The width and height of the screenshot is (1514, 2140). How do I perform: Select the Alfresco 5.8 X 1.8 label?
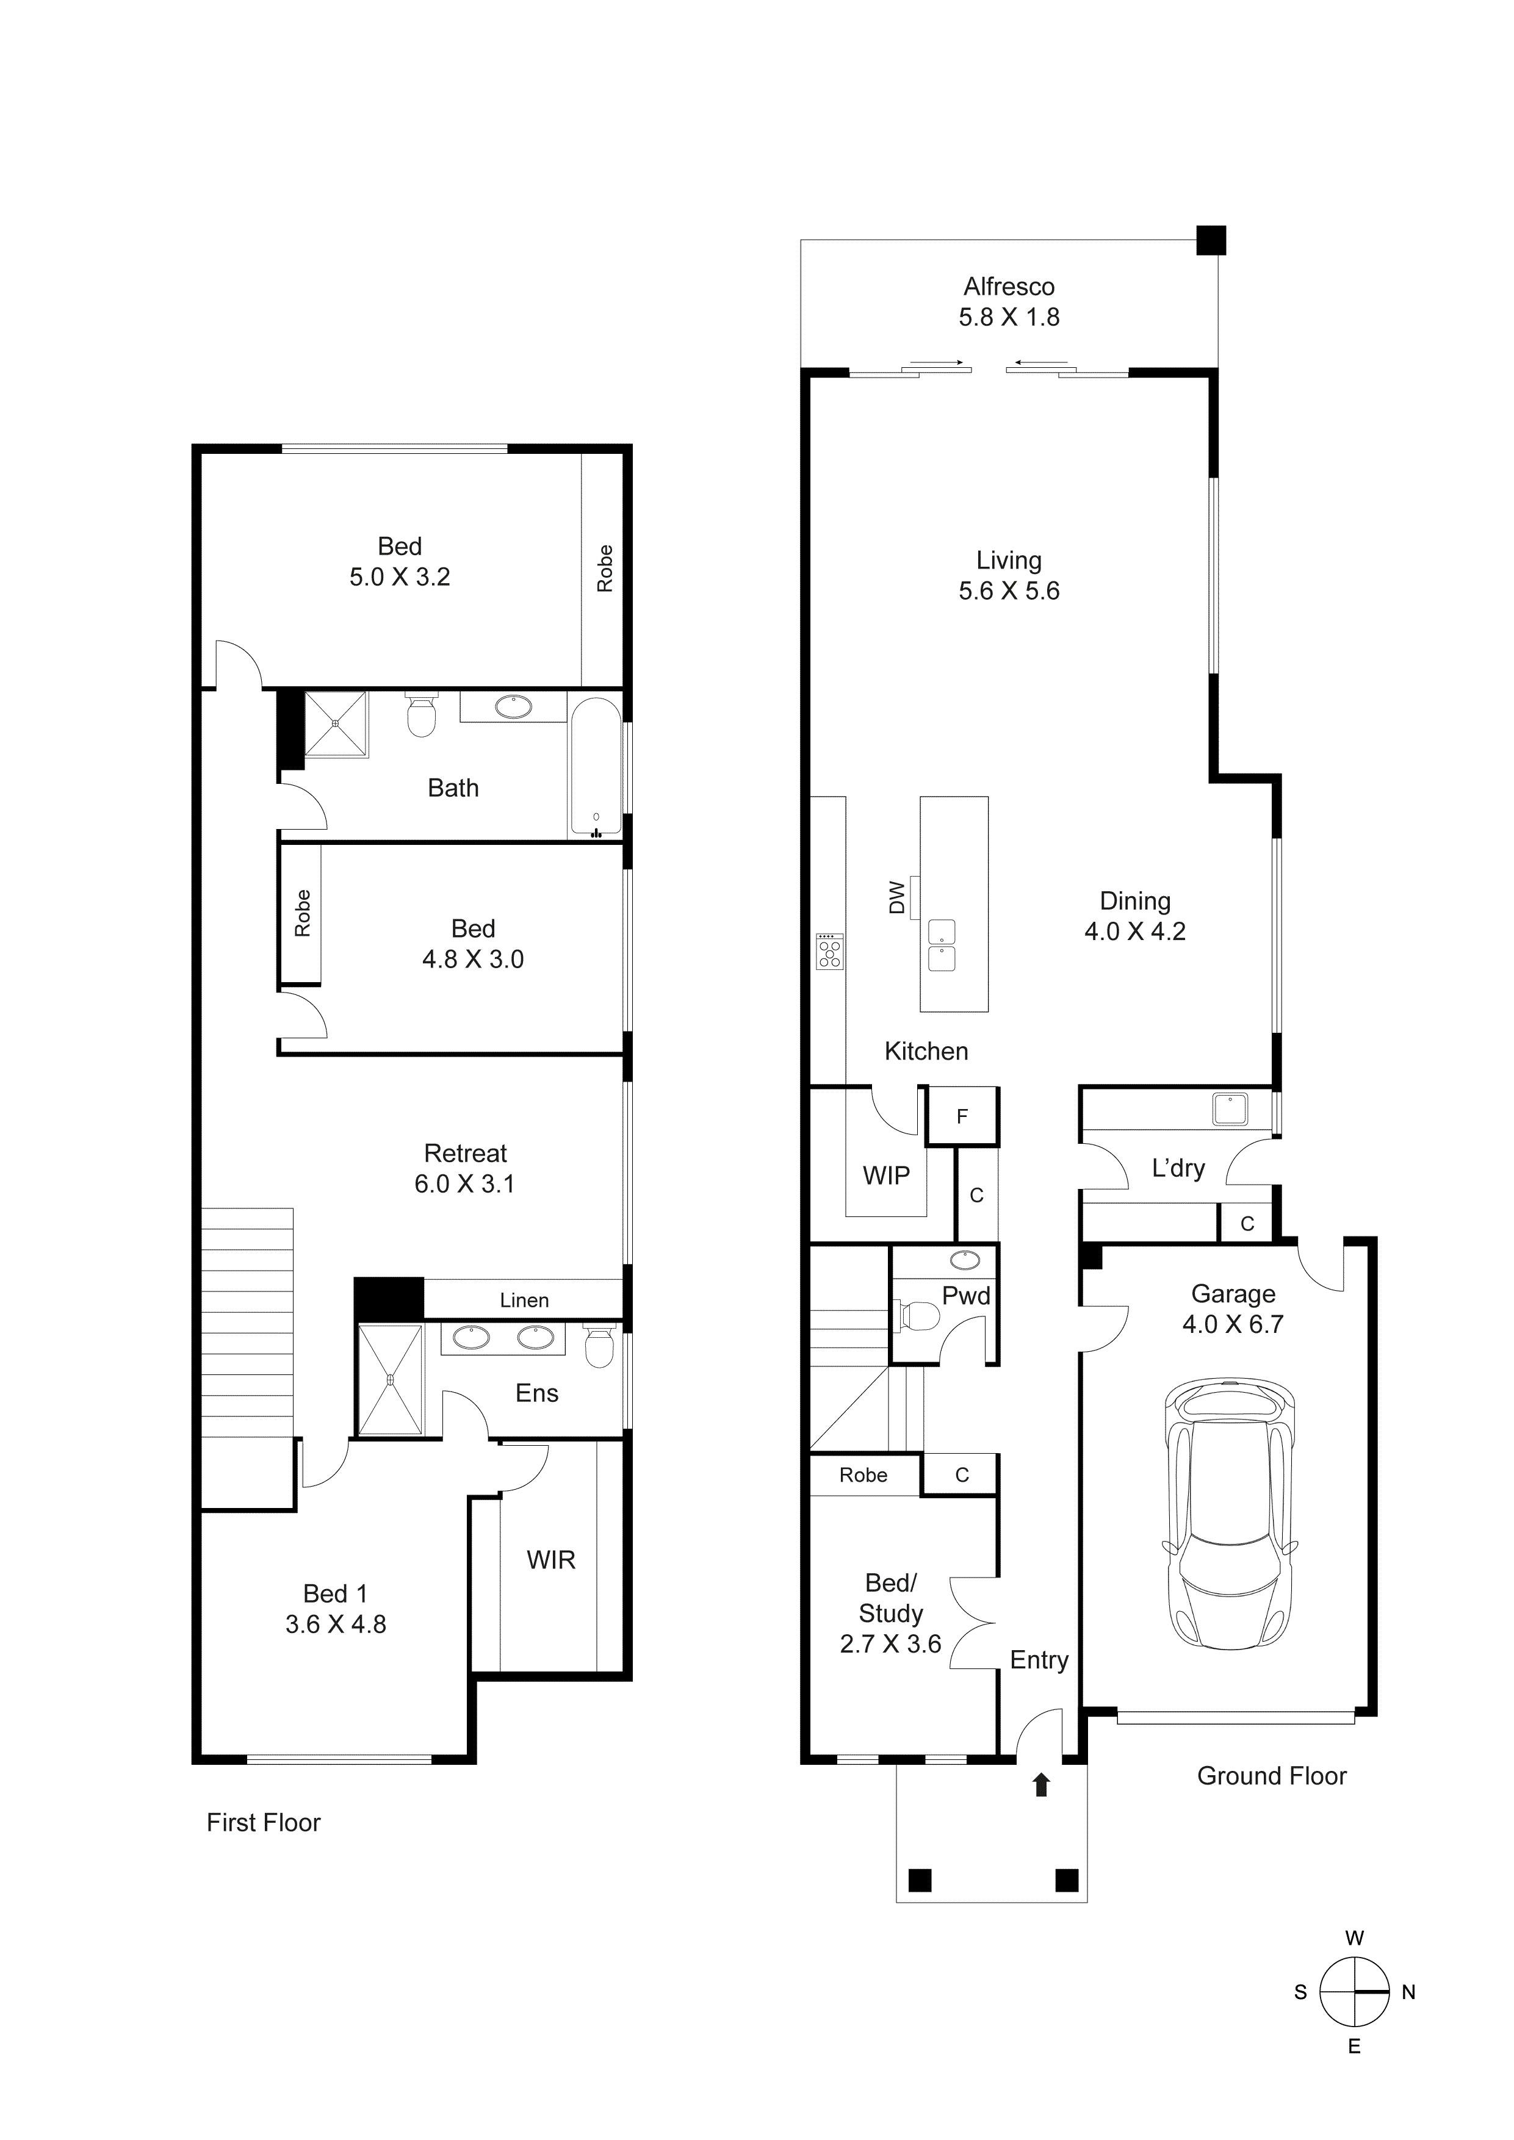[1009, 302]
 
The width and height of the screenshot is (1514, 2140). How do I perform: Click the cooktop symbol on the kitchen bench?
[828, 952]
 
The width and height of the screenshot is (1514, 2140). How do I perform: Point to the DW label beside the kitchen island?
[896, 897]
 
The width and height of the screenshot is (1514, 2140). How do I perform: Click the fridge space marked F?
[962, 1116]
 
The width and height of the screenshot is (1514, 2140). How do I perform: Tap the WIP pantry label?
[885, 1176]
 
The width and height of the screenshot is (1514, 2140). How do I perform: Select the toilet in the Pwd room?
[919, 1315]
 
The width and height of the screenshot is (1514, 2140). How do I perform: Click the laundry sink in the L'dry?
[1230, 1109]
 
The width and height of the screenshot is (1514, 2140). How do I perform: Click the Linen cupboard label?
[524, 1300]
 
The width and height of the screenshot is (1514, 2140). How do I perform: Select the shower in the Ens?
[390, 1379]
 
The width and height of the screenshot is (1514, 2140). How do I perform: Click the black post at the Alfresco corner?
[1210, 240]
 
